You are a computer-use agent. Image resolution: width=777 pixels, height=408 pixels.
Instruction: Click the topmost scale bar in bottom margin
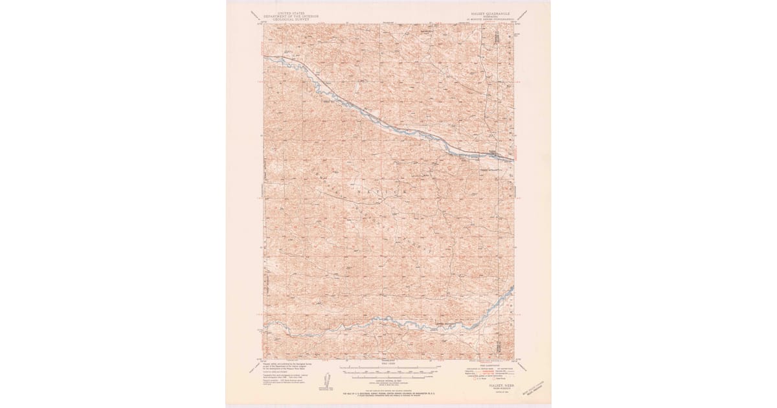(x=388, y=367)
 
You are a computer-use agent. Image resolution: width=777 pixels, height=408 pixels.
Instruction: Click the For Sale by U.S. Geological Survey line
(x=388, y=393)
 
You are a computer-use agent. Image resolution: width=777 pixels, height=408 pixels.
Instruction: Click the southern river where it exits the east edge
(x=513, y=289)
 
